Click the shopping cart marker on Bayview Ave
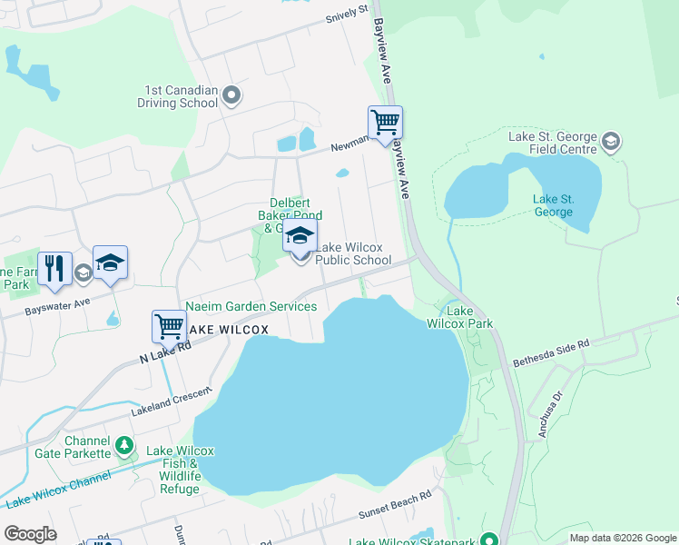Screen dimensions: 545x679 (385, 123)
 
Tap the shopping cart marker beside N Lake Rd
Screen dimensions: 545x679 (170, 327)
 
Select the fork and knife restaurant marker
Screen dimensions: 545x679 (54, 269)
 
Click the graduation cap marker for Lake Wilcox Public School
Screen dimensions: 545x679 (300, 238)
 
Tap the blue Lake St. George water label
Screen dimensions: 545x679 (553, 206)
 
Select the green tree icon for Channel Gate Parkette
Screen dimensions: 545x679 (124, 447)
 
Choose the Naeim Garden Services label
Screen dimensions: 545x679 (251, 307)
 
